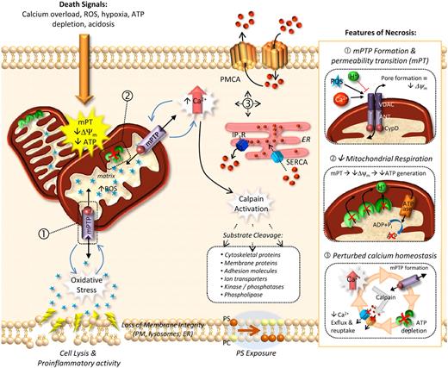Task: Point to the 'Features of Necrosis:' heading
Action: coord(381,32)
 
